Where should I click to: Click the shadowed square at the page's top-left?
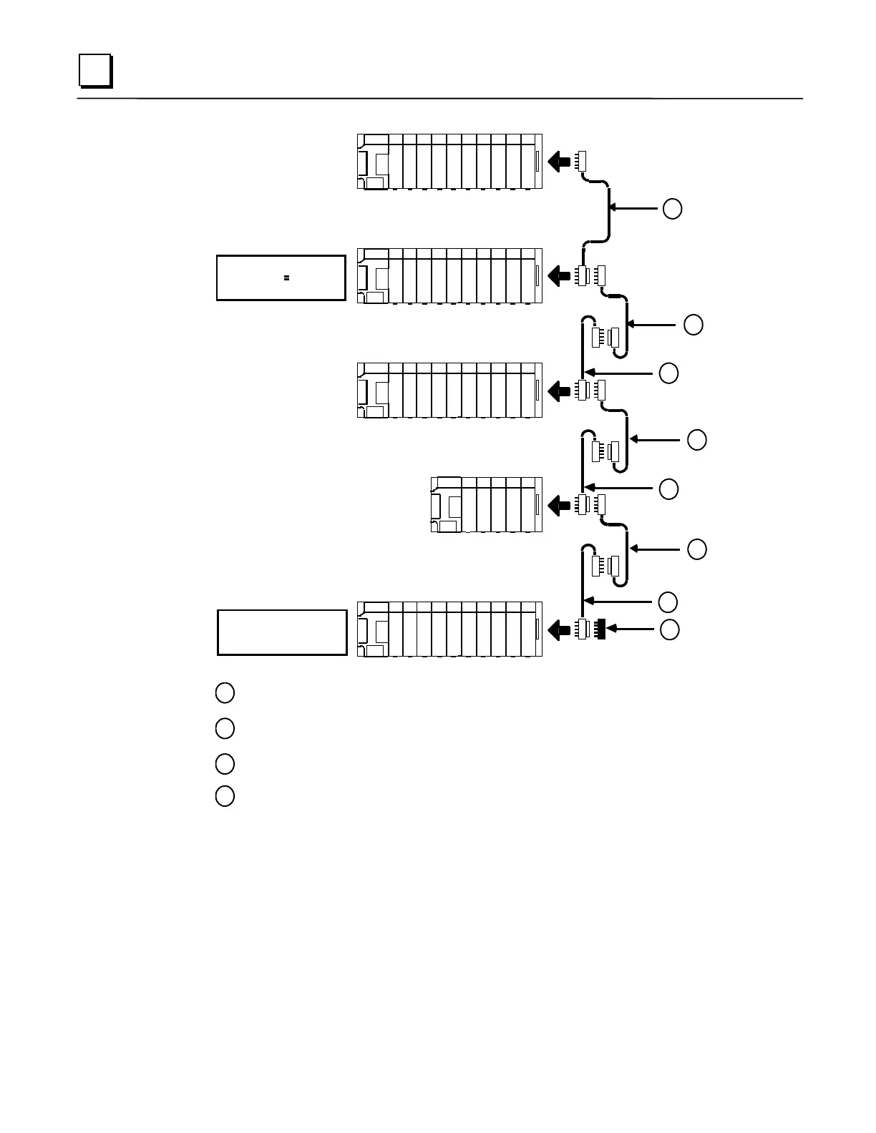pos(94,71)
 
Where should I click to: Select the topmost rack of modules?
pos(449,162)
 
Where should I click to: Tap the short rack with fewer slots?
pos(487,504)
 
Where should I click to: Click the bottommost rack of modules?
pos(449,629)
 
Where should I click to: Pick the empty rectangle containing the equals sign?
pos(281,278)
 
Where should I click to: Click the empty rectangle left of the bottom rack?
pos(282,632)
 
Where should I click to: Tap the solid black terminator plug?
pos(600,629)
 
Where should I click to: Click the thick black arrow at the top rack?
pos(559,162)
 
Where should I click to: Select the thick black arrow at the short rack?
pos(559,505)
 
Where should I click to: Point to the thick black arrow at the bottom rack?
pos(559,630)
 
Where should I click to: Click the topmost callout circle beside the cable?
pos(672,209)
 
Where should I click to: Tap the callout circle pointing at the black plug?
pos(669,629)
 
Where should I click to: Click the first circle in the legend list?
pos(225,692)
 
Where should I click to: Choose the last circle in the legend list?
pos(225,796)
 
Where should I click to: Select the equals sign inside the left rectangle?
pos(286,278)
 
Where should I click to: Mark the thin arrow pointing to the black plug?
pos(634,629)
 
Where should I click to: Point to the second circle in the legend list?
pos(225,728)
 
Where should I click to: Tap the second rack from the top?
pos(449,276)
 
